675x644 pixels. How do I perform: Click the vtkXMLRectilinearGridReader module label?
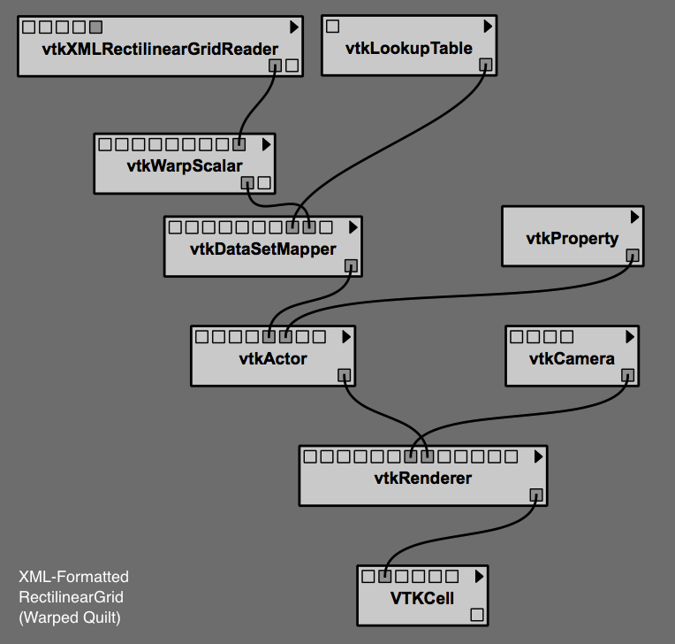pos(160,50)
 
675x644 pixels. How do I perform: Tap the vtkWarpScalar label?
pos(185,165)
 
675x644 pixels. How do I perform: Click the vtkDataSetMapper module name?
pos(263,249)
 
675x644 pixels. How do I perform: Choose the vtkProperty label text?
pos(573,238)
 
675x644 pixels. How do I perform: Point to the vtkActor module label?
pos(273,358)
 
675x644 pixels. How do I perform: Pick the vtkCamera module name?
pos(572,358)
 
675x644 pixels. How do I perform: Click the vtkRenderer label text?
pos(423,479)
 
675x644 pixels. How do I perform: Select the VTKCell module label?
pos(422,598)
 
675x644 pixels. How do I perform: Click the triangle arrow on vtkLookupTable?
pos(487,27)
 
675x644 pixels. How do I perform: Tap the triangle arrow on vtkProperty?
pos(634,217)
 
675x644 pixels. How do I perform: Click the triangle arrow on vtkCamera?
pos(629,337)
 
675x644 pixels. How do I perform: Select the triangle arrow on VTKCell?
pos(479,576)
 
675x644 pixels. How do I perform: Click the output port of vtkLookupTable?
pos(485,65)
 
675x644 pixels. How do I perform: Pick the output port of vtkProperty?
pos(633,256)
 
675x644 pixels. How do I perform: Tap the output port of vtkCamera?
pos(627,375)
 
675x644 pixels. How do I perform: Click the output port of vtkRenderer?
pos(536,495)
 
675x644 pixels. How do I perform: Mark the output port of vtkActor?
pos(345,375)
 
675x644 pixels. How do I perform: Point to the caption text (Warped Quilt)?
pos(70,617)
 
